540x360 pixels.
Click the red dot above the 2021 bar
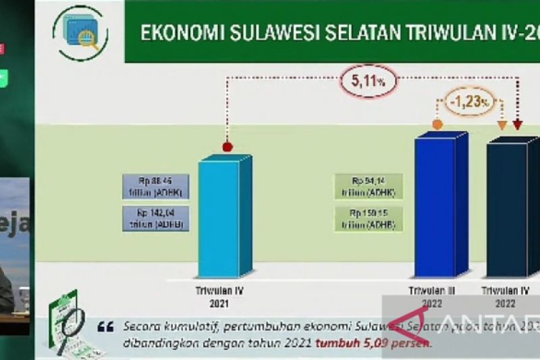pyautogui.click(x=227, y=146)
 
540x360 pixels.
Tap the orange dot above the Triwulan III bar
pyautogui.click(x=437, y=124)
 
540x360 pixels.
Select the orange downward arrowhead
pyautogui.click(x=502, y=125)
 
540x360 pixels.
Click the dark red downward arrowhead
pyautogui.click(x=518, y=125)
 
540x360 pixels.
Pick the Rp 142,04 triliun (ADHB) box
pyautogui.click(x=156, y=218)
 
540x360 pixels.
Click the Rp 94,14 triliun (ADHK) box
pyautogui.click(x=369, y=186)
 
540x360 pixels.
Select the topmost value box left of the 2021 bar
pyautogui.click(x=156, y=186)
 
